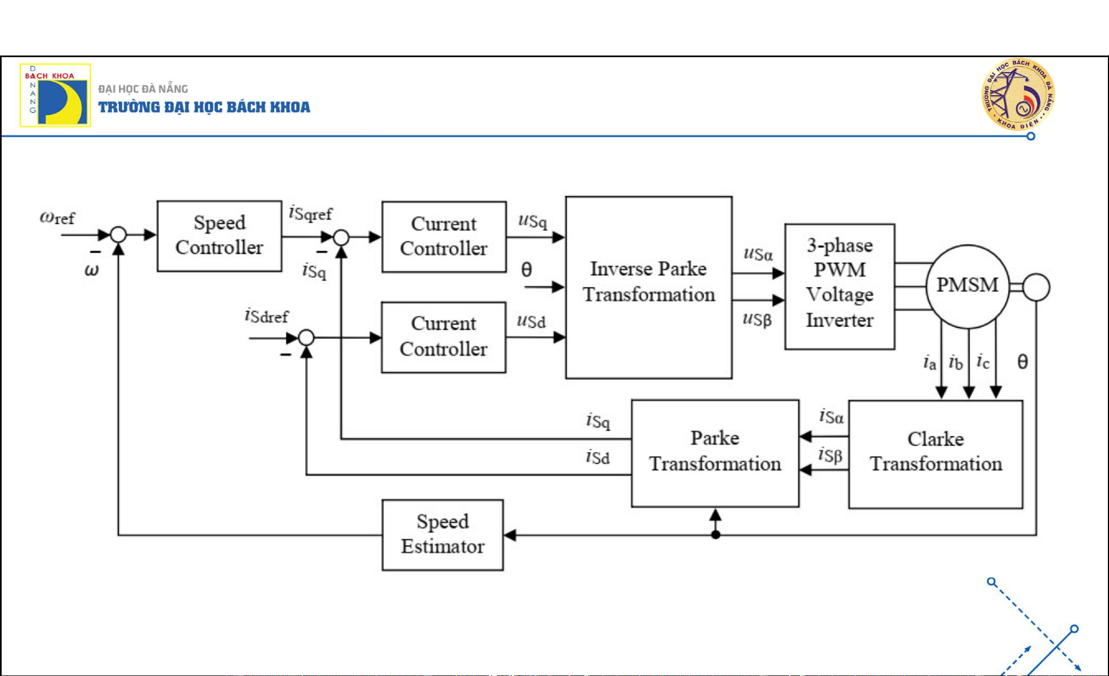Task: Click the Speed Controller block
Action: click(219, 236)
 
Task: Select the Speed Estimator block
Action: click(442, 534)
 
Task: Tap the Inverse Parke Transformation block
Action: click(648, 287)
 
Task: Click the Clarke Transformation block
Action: click(935, 453)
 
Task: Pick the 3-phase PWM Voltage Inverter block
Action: click(839, 286)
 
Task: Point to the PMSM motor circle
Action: click(967, 286)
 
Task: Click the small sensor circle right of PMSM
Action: click(1036, 287)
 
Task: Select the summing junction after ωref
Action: click(118, 235)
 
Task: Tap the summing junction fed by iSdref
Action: click(306, 337)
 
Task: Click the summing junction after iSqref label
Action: click(341, 237)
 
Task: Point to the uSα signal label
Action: click(758, 254)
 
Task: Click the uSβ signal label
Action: click(757, 319)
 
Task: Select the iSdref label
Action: click(267, 316)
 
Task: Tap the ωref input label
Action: click(57, 218)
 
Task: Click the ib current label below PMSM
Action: click(956, 363)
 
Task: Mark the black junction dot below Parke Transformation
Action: click(715, 535)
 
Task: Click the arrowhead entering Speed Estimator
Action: click(510, 535)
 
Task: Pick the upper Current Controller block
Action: click(444, 236)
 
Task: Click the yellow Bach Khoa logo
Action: click(55, 95)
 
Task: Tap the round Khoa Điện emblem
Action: click(1018, 95)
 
